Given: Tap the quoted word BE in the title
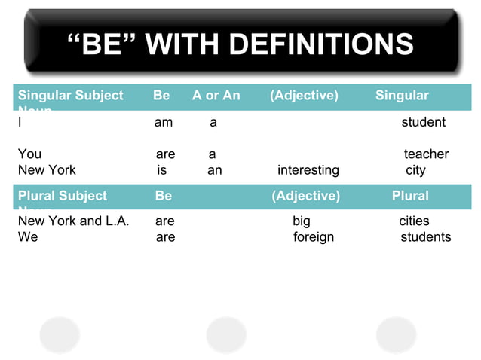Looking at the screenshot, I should pyautogui.click(x=103, y=44).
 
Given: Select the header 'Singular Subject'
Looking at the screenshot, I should pyautogui.click(x=70, y=96).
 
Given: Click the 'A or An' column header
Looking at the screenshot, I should pyautogui.click(x=216, y=96).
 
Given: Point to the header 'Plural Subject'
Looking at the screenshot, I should pyautogui.click(x=62, y=196).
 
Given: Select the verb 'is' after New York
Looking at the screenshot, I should pyautogui.click(x=162, y=170).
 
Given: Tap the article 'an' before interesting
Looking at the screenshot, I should pyautogui.click(x=215, y=170).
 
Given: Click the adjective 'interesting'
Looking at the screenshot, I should pyautogui.click(x=308, y=170).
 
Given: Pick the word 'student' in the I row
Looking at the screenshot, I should pyautogui.click(x=423, y=122).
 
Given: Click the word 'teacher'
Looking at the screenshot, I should pyautogui.click(x=426, y=154).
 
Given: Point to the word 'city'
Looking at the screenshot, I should pyautogui.click(x=415, y=170).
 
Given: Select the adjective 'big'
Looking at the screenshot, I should pyautogui.click(x=301, y=221).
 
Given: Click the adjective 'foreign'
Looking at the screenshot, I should pyautogui.click(x=314, y=237).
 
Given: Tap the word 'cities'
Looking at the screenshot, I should pyautogui.click(x=414, y=221).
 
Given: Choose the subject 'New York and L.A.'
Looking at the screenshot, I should pyautogui.click(x=73, y=221).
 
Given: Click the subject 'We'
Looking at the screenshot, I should pyautogui.click(x=28, y=237).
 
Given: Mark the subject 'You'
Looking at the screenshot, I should pyautogui.click(x=29, y=154).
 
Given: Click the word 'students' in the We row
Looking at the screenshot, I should pyautogui.click(x=426, y=237).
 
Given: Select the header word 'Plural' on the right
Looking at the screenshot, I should pyautogui.click(x=410, y=196).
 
